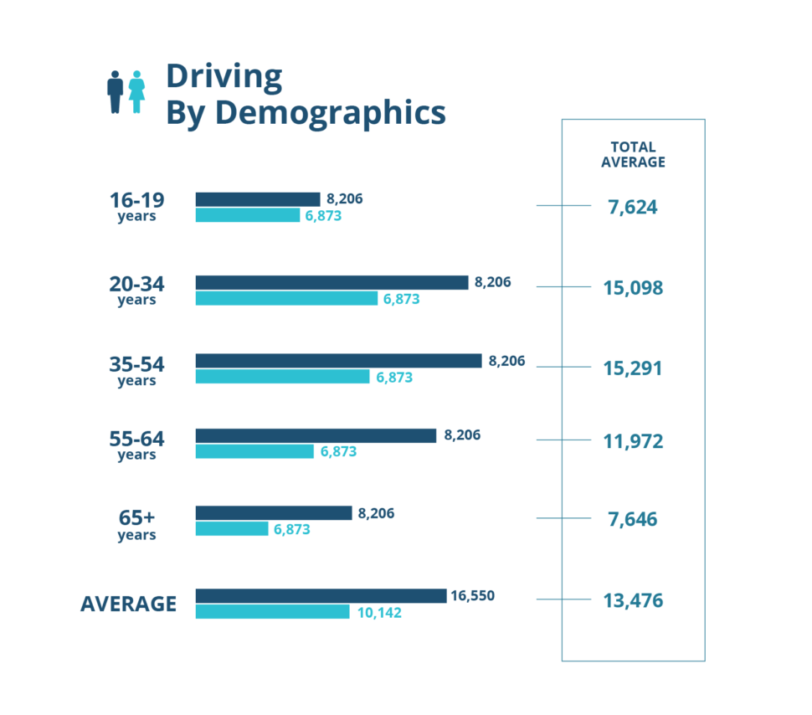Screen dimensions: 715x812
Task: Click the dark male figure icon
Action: pos(116,91)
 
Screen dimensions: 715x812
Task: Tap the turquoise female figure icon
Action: pos(136,91)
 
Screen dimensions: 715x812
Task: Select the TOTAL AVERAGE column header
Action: pos(633,155)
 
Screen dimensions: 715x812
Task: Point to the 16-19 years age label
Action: pos(136,207)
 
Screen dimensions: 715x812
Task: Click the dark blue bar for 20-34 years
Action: pos(331,282)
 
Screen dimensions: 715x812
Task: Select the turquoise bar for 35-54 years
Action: pos(282,377)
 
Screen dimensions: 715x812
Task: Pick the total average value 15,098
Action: pos(633,288)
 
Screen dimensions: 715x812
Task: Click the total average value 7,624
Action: pos(633,207)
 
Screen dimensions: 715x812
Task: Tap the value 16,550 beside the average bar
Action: pos(472,596)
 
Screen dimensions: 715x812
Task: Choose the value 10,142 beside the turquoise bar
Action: pos(379,612)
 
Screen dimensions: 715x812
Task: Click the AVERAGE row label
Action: pos(128,604)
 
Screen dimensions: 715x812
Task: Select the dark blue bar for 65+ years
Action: pos(273,513)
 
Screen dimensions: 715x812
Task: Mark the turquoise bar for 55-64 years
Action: pos(254,451)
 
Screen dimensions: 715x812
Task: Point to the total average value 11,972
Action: pos(633,441)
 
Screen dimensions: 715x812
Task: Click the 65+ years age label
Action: pos(136,523)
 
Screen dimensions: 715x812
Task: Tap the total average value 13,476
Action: pos(633,600)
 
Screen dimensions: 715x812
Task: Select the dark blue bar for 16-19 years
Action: pos(258,199)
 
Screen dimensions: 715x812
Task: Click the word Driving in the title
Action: pos(224,75)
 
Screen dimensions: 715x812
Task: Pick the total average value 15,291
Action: pos(633,368)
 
